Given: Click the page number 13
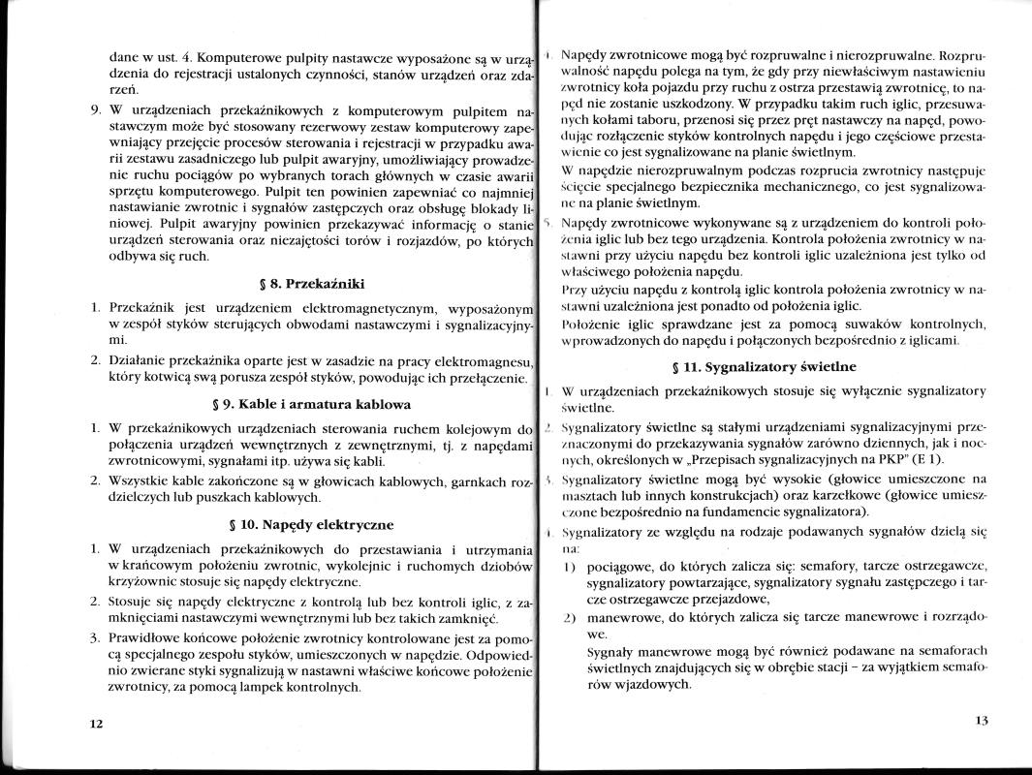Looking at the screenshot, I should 981,721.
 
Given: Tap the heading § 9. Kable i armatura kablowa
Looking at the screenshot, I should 318,403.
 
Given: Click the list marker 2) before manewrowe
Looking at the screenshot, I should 571,616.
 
